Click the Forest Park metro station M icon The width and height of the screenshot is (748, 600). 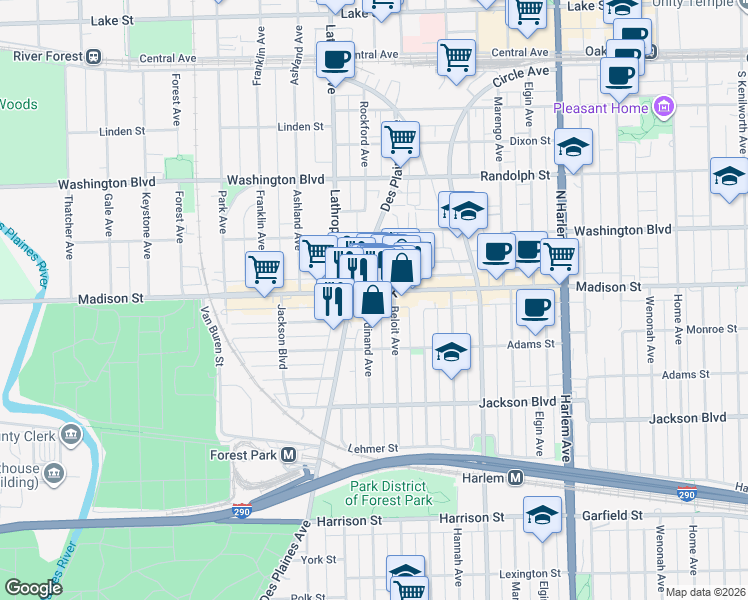point(289,455)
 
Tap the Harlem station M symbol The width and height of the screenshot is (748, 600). point(515,478)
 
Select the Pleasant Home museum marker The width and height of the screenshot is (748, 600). point(663,106)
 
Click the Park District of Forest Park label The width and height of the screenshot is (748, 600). point(390,493)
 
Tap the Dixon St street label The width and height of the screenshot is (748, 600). point(530,142)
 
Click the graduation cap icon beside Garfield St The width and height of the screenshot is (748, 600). point(542,515)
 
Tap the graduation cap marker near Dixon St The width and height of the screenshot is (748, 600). point(574,147)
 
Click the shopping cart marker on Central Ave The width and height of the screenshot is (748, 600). point(456,56)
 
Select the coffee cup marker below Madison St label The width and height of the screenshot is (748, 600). point(535,306)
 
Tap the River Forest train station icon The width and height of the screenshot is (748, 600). point(93,57)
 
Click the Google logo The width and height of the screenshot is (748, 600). point(34,588)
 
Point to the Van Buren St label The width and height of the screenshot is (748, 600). point(210,336)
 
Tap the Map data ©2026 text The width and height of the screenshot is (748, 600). point(703,592)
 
